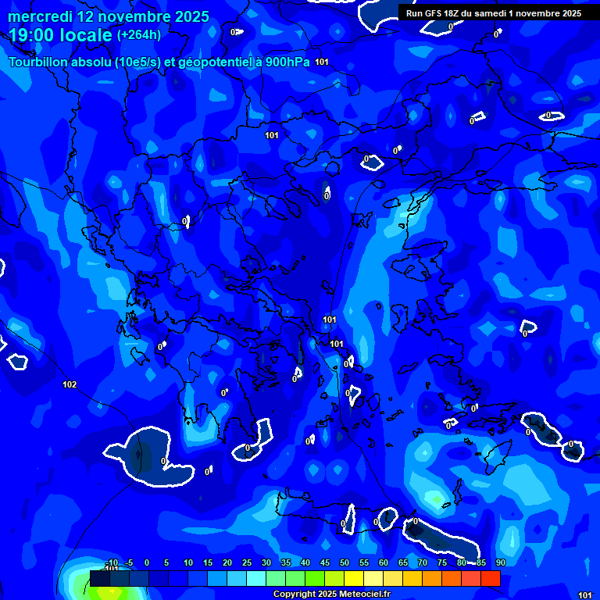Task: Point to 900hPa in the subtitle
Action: [x=287, y=62]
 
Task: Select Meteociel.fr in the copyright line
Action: [x=362, y=595]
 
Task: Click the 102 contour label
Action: [x=70, y=384]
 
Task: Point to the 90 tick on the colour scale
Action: [x=500, y=563]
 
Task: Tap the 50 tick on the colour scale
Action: [x=345, y=563]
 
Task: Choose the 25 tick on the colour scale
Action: [x=247, y=563]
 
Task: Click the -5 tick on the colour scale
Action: [x=128, y=563]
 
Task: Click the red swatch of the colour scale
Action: [x=490, y=578]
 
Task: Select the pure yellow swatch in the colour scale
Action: [x=354, y=578]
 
